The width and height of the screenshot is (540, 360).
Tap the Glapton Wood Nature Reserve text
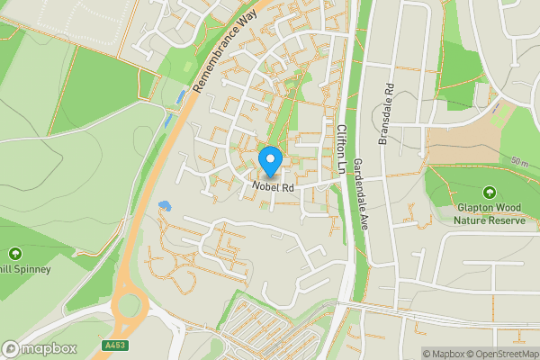489,213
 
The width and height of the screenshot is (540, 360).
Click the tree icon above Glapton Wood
489,193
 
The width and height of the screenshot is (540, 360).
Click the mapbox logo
40,348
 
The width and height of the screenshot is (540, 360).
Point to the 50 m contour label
519,161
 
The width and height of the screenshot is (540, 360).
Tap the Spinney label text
27,268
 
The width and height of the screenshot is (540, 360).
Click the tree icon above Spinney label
15,254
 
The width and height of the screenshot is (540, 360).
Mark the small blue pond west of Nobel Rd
164,205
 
